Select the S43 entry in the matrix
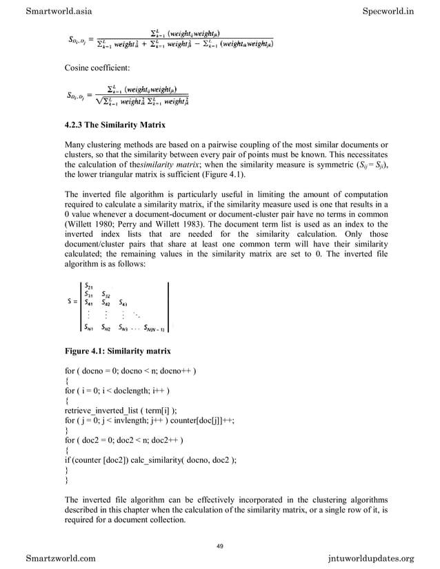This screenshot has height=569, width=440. (x=126, y=301)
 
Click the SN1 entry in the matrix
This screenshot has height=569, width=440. (x=88, y=327)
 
